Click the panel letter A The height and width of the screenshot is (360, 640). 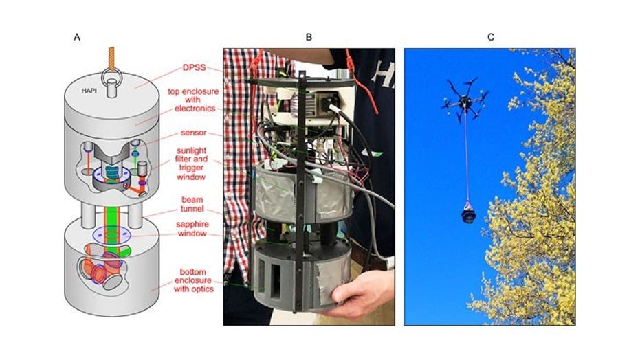coord(77,37)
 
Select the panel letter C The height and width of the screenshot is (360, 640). coord(490,37)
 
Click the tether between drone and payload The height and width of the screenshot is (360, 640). coord(469,158)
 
